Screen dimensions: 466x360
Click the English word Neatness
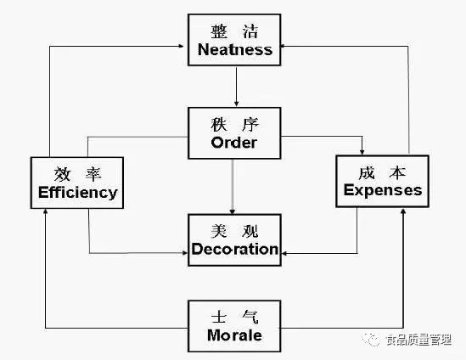coord(235,49)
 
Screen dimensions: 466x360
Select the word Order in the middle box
coord(234,143)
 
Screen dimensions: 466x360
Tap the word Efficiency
coord(78,193)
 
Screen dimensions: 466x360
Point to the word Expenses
coord(383,190)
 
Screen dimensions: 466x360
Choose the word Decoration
coord(235,249)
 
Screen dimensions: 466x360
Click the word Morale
coord(234,335)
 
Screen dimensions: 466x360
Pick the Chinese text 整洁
coord(234,31)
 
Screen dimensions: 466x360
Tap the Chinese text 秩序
coord(235,125)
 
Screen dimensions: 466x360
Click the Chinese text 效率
coord(77,174)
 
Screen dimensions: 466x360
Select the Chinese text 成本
coord(382,172)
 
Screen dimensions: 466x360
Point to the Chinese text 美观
coord(235,231)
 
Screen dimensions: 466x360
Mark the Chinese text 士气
coord(235,317)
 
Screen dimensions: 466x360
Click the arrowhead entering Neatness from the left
coord(181,46)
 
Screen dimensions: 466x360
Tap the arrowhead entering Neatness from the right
coord(284,46)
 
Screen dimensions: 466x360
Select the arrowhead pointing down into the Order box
coord(236,104)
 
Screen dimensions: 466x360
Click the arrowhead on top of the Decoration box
coord(233,211)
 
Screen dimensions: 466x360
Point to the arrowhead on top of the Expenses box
coord(362,152)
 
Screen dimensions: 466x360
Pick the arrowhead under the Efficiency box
coord(46,211)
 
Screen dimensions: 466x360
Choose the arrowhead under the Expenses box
coord(403,211)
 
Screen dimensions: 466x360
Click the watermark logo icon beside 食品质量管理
coord(371,339)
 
